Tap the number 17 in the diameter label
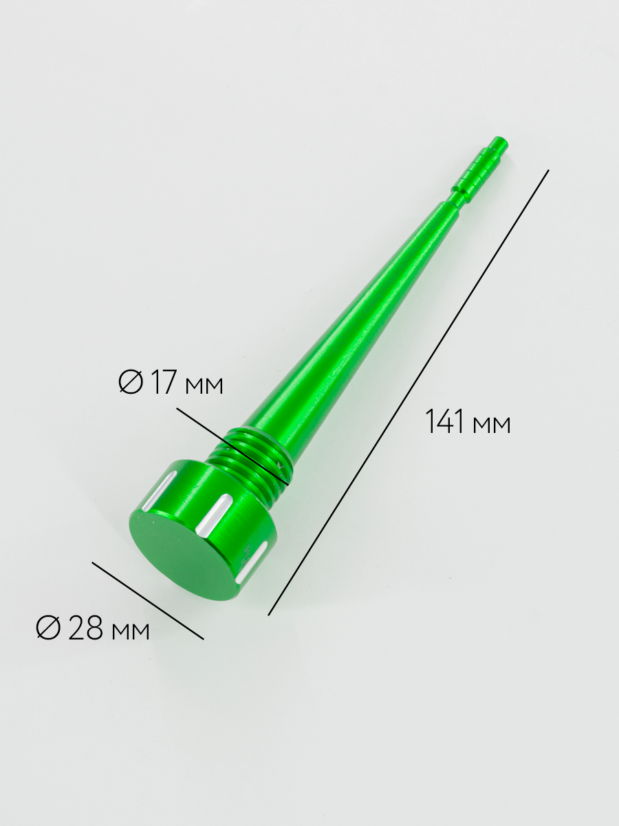tap(164, 382)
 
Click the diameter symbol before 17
tap(131, 382)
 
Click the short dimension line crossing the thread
tap(232, 445)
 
